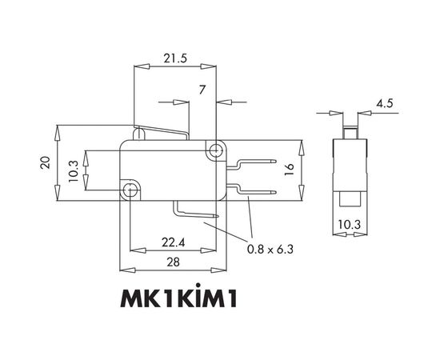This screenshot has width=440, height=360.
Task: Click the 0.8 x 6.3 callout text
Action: tap(270, 249)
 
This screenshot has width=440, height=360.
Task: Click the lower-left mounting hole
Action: tap(131, 189)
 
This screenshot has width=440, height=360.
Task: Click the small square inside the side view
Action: tap(350, 197)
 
